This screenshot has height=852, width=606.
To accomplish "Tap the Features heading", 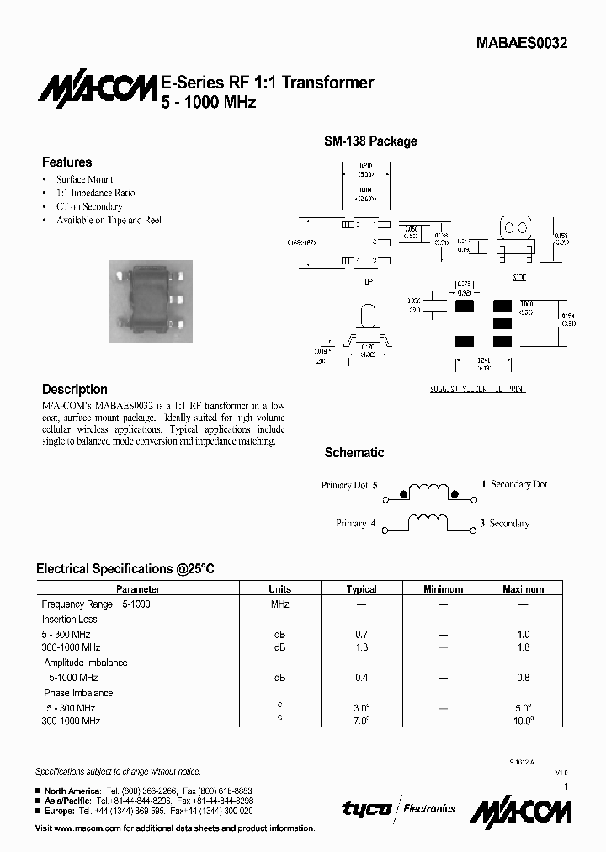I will (66, 162).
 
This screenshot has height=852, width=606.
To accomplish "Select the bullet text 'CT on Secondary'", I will (89, 206).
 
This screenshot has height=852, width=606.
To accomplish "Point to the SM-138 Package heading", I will (370, 141).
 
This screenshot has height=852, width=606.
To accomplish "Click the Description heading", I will (75, 390).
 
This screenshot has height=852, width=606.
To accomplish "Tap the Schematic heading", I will (354, 453).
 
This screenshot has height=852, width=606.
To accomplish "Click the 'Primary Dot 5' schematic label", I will (349, 485).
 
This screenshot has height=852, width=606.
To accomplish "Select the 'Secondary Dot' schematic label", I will (518, 485).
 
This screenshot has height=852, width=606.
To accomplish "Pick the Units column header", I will (279, 589).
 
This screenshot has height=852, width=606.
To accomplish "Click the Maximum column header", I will (523, 589).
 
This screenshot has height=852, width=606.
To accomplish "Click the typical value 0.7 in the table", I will (361, 634).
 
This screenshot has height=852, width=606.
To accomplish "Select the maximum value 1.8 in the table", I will (523, 647).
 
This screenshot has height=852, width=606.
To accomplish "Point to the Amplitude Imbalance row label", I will (86, 663).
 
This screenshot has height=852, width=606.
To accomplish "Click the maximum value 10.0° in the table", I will (523, 722).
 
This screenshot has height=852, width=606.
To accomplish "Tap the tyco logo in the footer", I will (366, 808).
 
